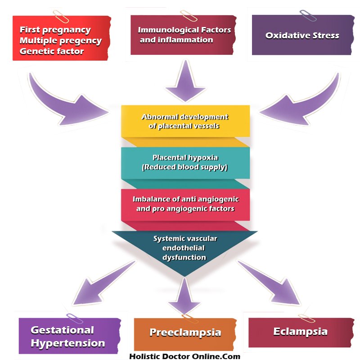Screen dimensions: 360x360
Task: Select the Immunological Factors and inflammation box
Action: point(184,35)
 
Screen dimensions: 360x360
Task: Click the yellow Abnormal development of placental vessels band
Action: point(185,121)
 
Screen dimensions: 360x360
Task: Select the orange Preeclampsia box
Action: point(185,333)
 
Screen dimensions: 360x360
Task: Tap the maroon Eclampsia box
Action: point(301,332)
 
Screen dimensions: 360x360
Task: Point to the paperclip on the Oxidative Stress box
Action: point(308,15)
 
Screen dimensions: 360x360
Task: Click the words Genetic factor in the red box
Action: point(52,51)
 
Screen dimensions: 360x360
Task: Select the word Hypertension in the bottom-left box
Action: point(68,343)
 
